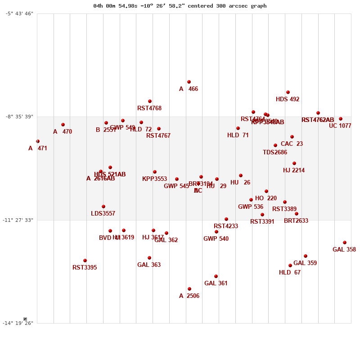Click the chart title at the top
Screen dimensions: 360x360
coord(180,6)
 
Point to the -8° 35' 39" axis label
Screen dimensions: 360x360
coord(19,117)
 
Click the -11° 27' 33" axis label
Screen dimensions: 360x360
coord(19,220)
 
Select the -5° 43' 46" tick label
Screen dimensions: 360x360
coord(19,13)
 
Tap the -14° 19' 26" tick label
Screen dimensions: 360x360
coord(19,323)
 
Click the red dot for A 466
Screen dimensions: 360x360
coord(189,82)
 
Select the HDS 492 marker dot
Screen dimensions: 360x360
coord(288,92)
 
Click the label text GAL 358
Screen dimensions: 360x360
coord(344,250)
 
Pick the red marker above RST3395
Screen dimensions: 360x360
coord(85,261)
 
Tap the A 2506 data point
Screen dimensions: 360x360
coord(189,289)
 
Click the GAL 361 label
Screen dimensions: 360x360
coord(216,283)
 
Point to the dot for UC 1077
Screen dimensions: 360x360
coord(341,119)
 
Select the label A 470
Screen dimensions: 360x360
coord(63,132)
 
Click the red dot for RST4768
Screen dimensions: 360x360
coord(150,101)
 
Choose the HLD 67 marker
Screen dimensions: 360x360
coord(290,265)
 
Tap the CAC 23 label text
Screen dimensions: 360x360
coord(292,144)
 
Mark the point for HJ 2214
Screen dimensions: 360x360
coord(294,163)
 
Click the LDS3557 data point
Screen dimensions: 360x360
coord(103,207)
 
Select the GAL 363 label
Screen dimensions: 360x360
coord(149,265)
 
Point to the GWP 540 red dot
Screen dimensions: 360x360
coord(216,232)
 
